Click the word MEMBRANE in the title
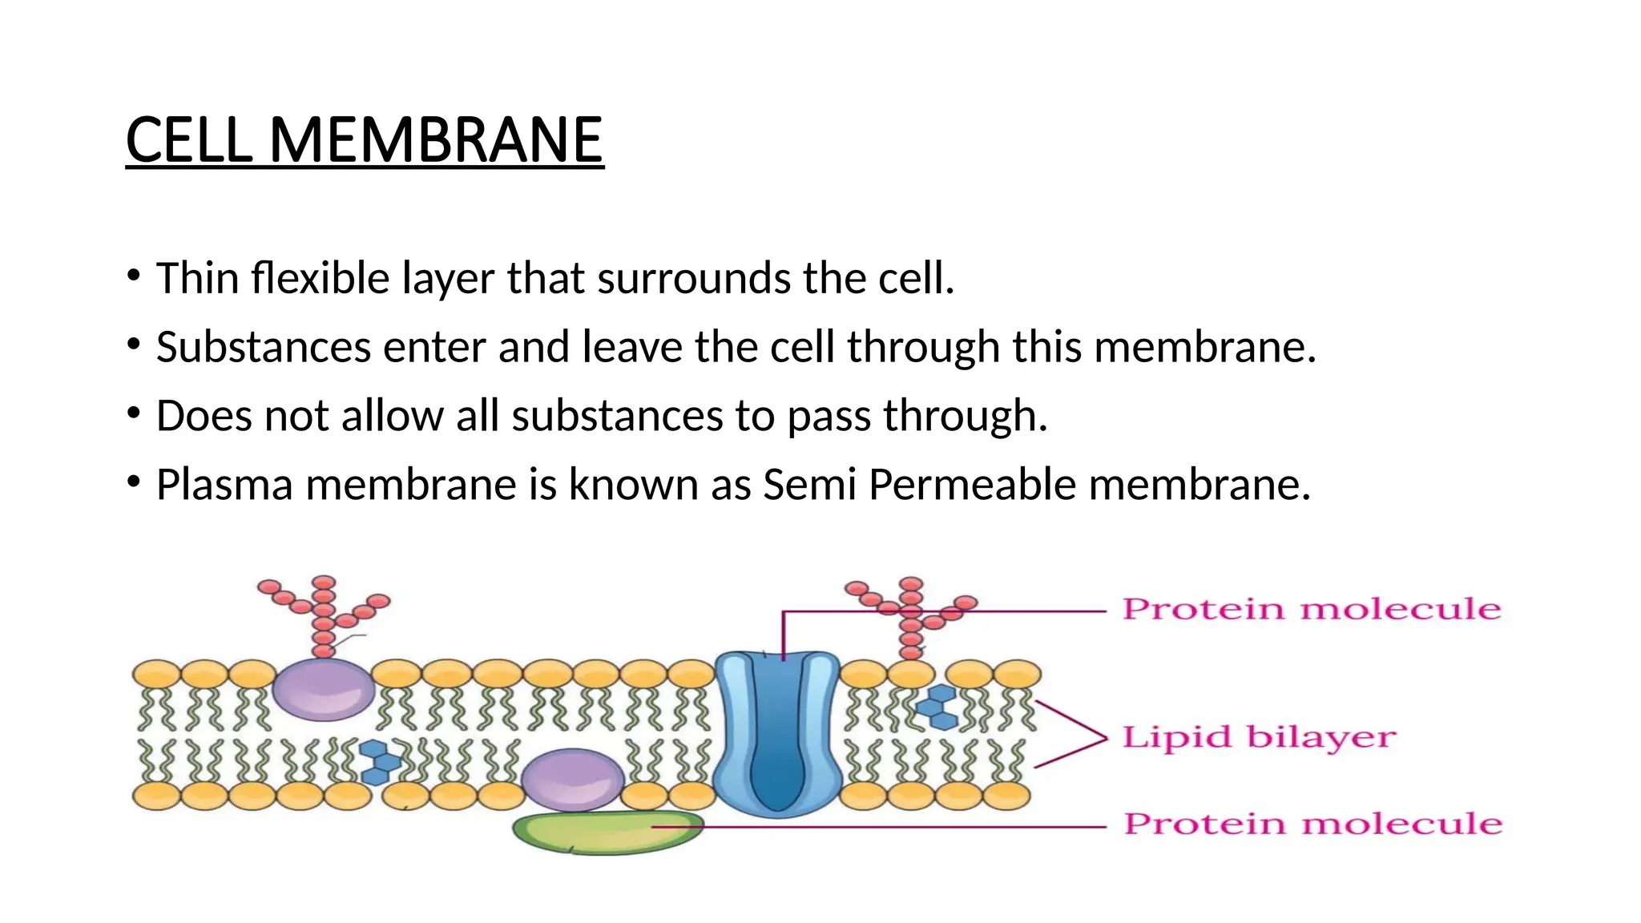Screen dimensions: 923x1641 click(435, 140)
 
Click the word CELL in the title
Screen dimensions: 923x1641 click(188, 140)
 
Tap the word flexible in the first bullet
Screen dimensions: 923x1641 click(320, 278)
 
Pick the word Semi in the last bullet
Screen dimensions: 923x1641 click(809, 485)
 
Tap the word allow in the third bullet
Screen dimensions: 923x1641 click(393, 416)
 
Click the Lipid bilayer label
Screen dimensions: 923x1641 click(1258, 737)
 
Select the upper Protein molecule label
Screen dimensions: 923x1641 click(1311, 609)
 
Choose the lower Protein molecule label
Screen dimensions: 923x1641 click(1312, 824)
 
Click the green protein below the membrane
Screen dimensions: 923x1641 click(607, 833)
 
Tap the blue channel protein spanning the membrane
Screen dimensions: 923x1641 click(776, 733)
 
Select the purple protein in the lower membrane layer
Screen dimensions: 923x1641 click(571, 778)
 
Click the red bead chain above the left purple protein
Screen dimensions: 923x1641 click(324, 613)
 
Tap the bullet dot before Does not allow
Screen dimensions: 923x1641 click(133, 414)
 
